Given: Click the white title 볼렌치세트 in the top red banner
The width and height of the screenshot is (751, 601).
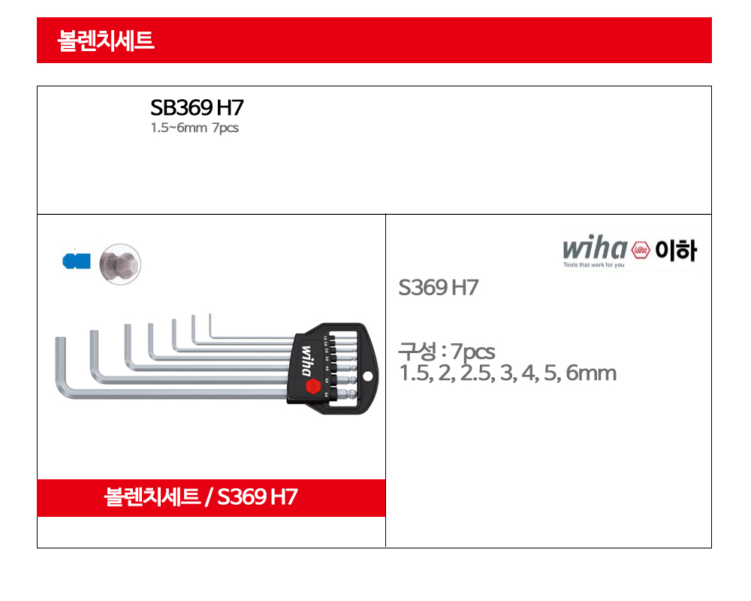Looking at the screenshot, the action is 106,41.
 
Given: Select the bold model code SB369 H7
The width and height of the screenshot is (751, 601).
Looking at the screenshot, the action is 197,107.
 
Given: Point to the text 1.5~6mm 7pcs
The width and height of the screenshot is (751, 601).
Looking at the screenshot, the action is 195,128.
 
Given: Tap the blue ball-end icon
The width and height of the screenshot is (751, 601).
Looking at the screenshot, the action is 77,261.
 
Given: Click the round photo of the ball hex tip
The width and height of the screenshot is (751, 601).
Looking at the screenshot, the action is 120,264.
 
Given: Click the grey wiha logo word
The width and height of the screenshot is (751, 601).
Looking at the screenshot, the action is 595,247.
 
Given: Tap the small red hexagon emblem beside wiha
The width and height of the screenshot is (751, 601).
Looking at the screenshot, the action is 641,249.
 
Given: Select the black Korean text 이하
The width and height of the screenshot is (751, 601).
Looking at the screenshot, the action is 676,250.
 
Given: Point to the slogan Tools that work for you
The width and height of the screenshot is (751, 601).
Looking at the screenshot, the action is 594,264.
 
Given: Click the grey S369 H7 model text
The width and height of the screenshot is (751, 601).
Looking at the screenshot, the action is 439,288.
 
